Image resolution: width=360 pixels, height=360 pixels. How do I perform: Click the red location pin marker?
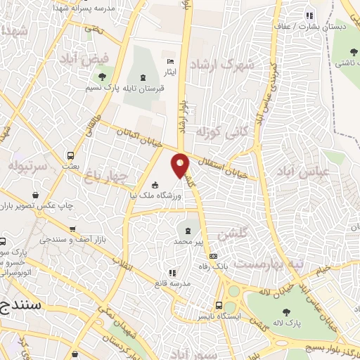click(181, 165)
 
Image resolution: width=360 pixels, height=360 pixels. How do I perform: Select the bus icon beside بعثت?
click(70, 155)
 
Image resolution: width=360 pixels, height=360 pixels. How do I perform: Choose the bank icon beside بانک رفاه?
click(213, 256)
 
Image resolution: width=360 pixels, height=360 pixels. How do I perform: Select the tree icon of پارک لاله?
click(286, 312)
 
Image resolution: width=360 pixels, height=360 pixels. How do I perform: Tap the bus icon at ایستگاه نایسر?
click(220, 305)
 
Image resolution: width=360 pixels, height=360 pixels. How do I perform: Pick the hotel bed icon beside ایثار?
click(168, 61)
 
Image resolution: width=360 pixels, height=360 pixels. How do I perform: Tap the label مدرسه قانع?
click(171, 283)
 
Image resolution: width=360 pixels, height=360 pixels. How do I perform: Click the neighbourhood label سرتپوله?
click(27, 167)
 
